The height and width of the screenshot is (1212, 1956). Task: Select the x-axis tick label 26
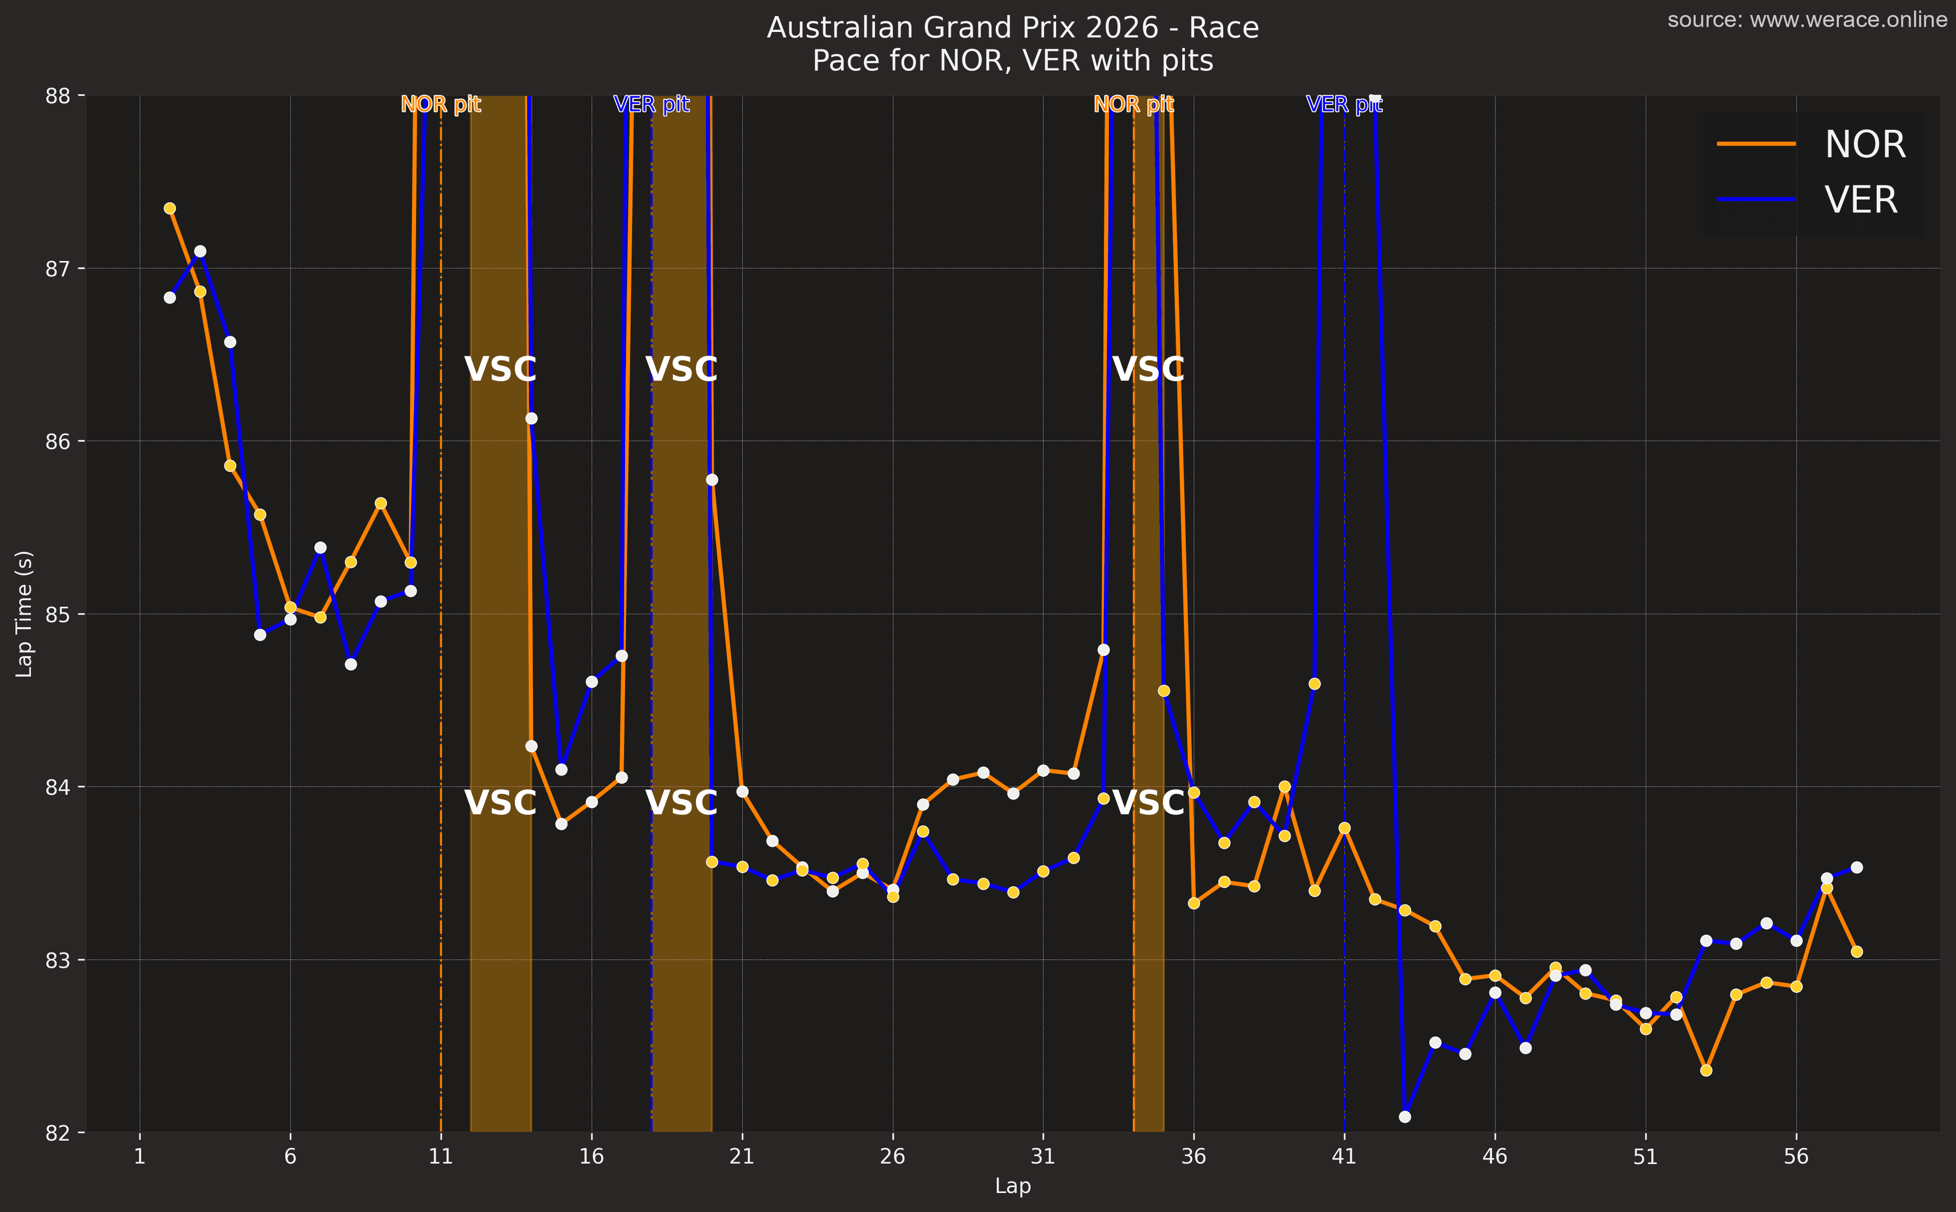[892, 1156]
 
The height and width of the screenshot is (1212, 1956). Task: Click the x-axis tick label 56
[1796, 1156]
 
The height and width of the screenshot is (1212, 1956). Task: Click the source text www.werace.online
[1807, 19]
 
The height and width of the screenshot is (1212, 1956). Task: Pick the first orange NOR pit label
[441, 104]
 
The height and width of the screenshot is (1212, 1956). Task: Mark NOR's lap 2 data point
[170, 208]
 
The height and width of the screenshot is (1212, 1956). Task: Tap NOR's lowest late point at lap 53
[1706, 1070]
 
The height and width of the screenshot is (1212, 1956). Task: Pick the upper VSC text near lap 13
[500, 369]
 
